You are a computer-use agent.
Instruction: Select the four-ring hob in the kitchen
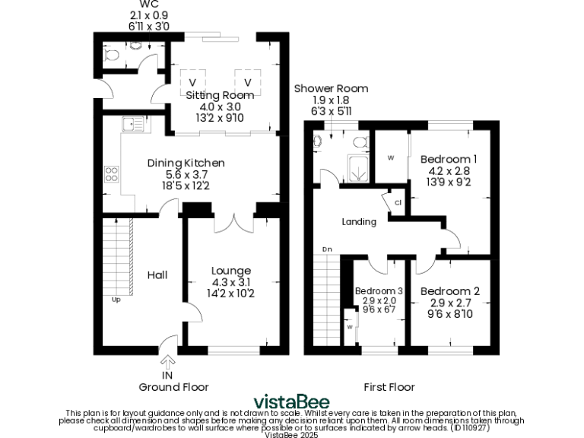tap(112, 174)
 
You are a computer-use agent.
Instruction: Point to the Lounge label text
tap(231, 271)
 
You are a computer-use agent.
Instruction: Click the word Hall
tap(157, 275)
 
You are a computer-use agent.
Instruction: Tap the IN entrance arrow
tap(167, 363)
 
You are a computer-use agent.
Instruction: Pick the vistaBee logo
tap(291, 401)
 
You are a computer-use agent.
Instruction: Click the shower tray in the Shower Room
tap(356, 169)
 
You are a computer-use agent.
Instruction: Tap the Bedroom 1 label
tap(449, 159)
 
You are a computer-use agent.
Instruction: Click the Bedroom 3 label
tap(379, 291)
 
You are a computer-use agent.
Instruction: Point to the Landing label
tap(359, 222)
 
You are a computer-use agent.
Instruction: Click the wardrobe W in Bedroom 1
tap(391, 158)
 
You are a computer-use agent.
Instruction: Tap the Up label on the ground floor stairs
tap(116, 299)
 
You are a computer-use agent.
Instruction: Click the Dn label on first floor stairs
tap(327, 249)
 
